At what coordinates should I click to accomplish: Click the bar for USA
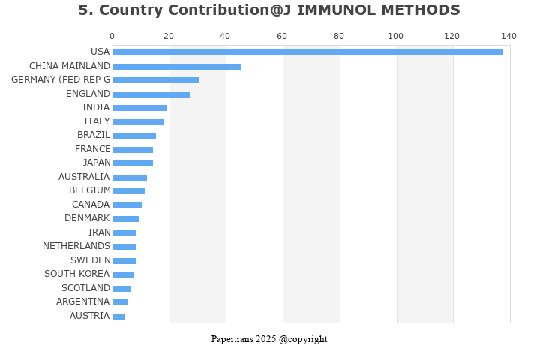pos(307,52)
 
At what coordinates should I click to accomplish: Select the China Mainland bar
pos(177,66)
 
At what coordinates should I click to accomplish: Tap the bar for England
pos(151,94)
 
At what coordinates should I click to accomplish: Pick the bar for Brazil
pos(134,136)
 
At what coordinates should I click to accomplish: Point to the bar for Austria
pos(118,316)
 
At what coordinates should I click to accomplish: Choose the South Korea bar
pos(123,274)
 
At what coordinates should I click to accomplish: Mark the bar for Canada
pos(127,205)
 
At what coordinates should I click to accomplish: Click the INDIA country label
pos(96,107)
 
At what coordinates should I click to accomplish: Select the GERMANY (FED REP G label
pos(61,79)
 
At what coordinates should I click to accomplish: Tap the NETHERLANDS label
pos(76,246)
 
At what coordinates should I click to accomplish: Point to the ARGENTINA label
pos(82,301)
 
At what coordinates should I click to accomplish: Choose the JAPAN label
pos(97,163)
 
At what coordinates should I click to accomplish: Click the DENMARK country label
pos(87,218)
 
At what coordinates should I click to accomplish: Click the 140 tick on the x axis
pos(509,36)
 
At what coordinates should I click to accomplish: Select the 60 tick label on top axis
pos(282,36)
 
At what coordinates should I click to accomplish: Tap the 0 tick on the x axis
pos(112,36)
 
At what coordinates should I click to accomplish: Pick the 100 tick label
pos(395,36)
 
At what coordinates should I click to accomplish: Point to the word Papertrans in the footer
pos(232,339)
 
